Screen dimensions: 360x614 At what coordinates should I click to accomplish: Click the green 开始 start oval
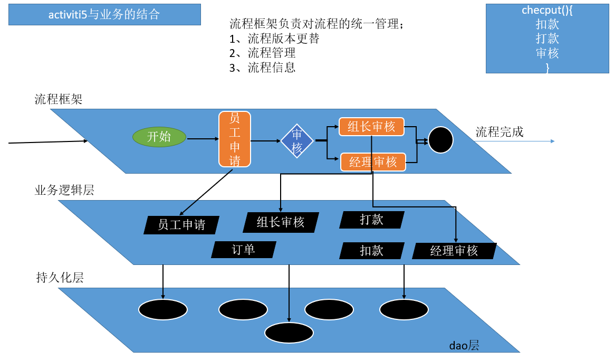159,137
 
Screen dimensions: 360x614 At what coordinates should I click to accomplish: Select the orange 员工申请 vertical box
235,139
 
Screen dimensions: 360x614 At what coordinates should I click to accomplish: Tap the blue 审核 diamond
297,141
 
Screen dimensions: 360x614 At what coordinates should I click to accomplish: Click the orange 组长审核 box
371,127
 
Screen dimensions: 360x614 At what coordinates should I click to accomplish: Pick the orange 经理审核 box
373,162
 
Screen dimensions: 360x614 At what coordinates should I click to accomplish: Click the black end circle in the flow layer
440,140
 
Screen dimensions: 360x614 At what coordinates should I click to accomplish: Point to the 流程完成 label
499,132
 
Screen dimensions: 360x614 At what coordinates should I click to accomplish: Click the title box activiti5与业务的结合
104,15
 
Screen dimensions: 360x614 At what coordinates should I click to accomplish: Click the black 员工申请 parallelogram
181,225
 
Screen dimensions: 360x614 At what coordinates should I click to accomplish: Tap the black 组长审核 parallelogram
281,222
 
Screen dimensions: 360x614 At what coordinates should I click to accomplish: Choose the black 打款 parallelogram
371,220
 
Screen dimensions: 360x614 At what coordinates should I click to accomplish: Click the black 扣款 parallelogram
371,251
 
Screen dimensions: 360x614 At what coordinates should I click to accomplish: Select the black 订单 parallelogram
244,250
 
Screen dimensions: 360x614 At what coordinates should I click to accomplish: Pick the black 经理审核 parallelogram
454,251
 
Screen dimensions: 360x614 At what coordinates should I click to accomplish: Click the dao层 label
464,346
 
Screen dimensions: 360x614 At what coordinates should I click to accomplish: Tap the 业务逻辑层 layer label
64,191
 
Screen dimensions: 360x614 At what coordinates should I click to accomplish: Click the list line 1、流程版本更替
274,39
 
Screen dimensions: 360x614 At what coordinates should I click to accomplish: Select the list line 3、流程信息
262,68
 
